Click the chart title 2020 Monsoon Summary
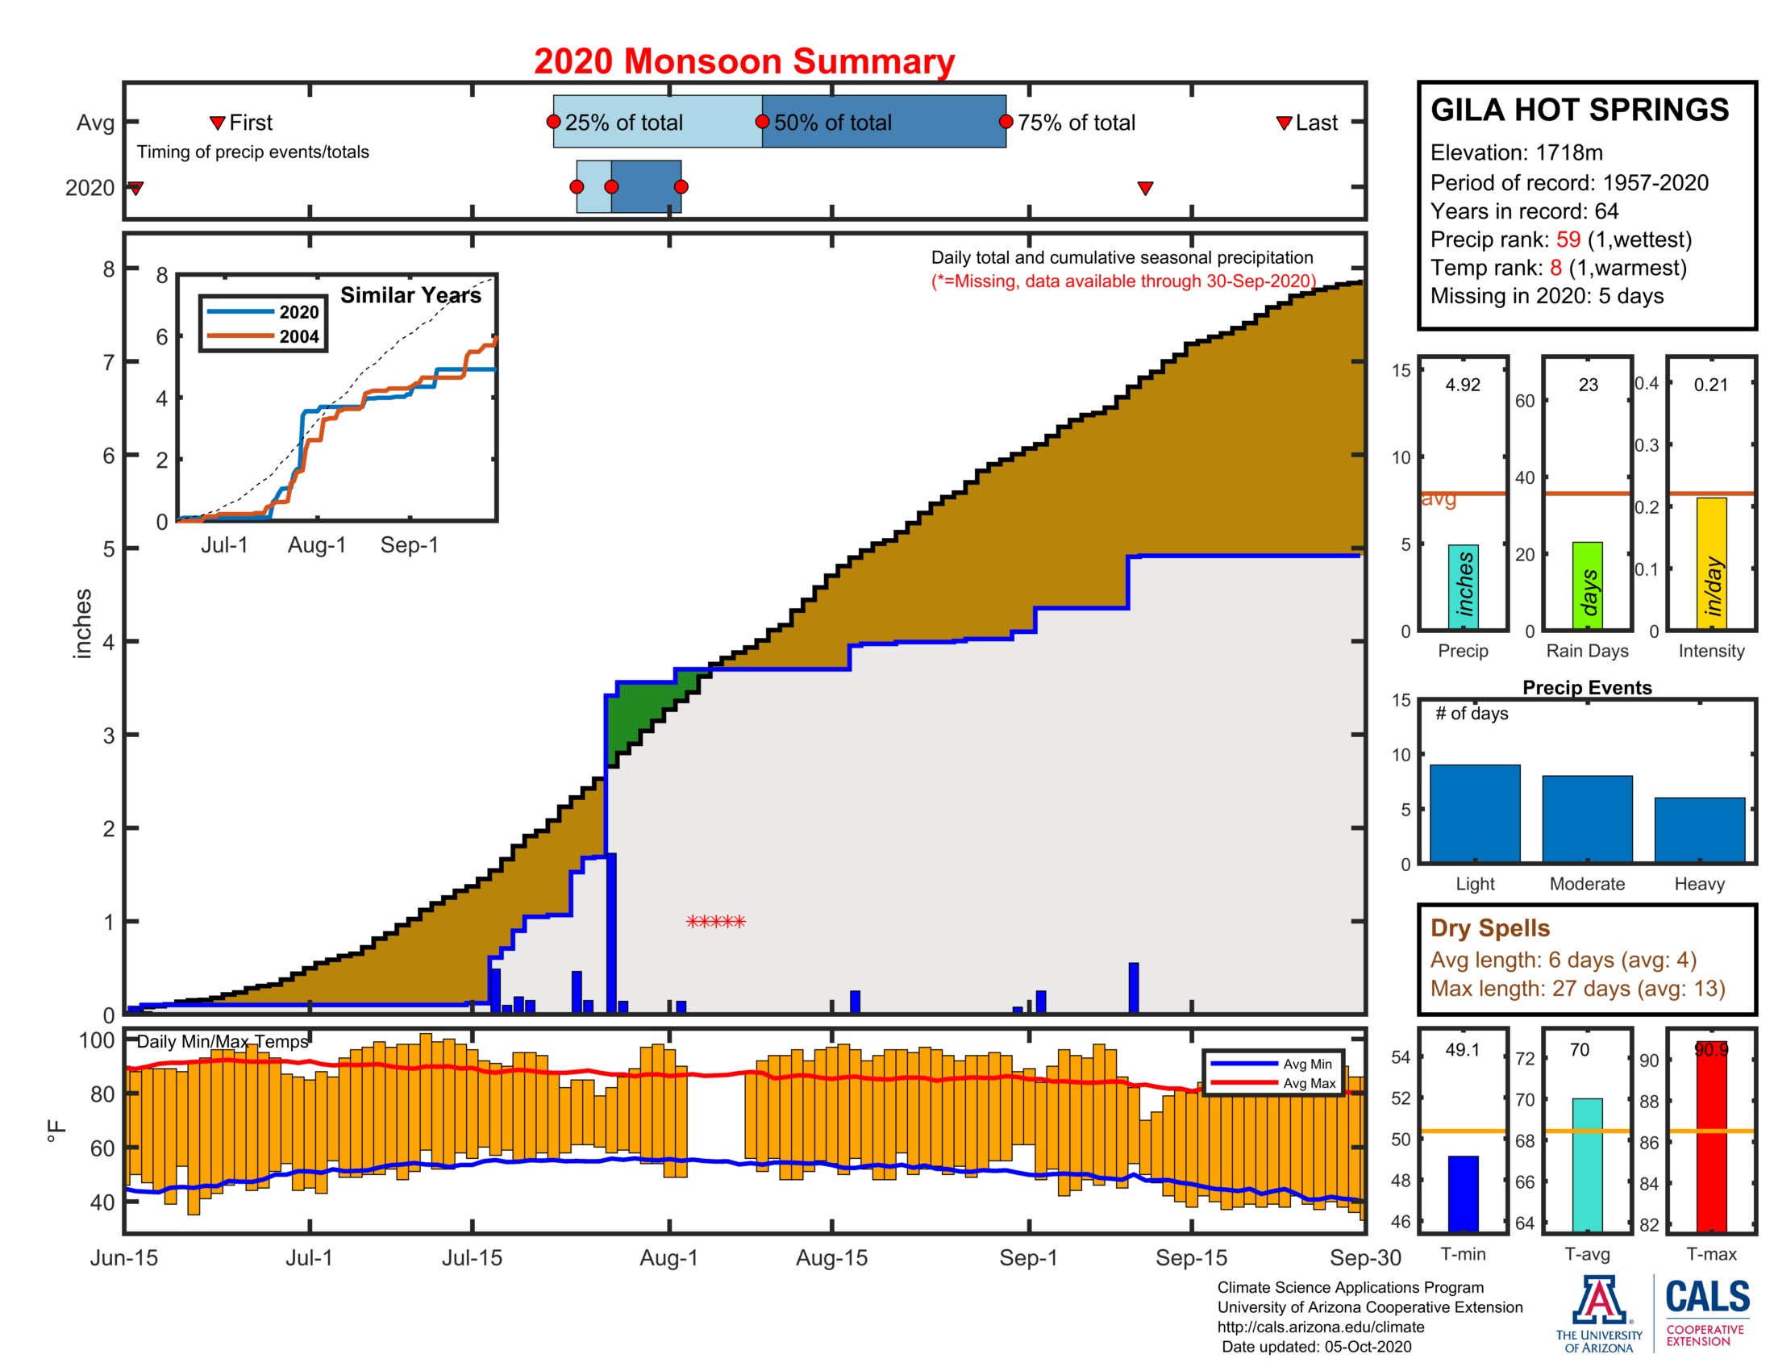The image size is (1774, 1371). (x=744, y=61)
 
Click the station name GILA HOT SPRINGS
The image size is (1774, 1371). (x=1579, y=110)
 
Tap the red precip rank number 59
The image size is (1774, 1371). (x=1568, y=240)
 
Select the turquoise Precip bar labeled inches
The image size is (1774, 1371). (x=1463, y=586)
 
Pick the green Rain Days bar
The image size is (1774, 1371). (x=1587, y=585)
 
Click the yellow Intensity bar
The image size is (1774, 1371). (x=1711, y=563)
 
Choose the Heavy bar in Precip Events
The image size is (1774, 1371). (x=1699, y=829)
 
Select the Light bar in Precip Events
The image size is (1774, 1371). (x=1474, y=813)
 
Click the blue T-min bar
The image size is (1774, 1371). (x=1463, y=1193)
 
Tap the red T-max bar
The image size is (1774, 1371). (x=1711, y=1137)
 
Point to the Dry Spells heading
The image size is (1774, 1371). (x=1489, y=927)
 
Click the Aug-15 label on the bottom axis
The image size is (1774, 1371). (x=832, y=1257)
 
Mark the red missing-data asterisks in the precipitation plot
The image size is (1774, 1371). (x=715, y=922)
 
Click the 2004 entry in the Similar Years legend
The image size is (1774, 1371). (x=298, y=336)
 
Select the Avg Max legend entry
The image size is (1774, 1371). (x=1309, y=1082)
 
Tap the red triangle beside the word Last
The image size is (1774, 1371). (x=1285, y=123)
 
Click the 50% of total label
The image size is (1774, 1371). (x=832, y=123)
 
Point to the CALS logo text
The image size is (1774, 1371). (x=1707, y=1297)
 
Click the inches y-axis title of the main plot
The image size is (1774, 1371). (x=82, y=623)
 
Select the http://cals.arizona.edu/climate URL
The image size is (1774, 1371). (x=1320, y=1327)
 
